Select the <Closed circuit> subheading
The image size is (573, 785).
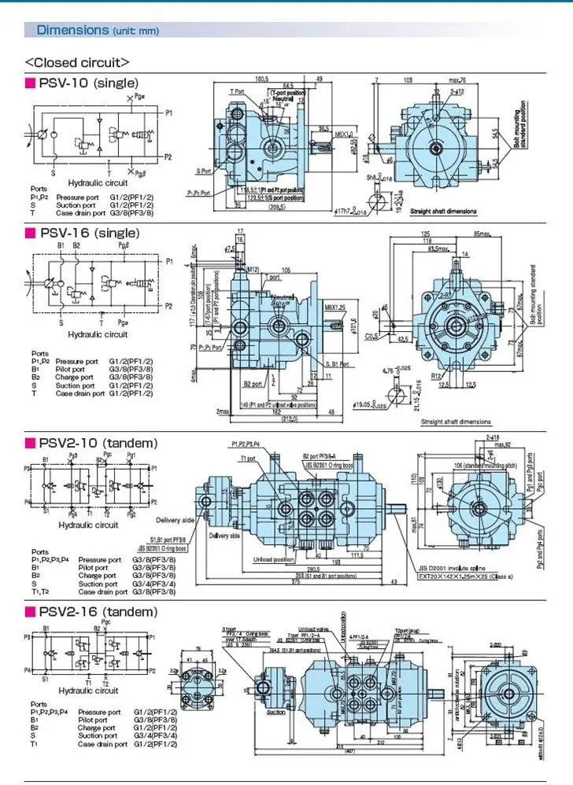[76, 62]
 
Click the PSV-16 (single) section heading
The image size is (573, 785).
[89, 233]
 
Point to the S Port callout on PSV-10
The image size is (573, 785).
[204, 171]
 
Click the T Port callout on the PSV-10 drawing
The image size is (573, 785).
[237, 92]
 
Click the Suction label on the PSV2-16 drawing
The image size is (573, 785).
[276, 713]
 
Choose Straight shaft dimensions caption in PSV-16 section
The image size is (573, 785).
[454, 422]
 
